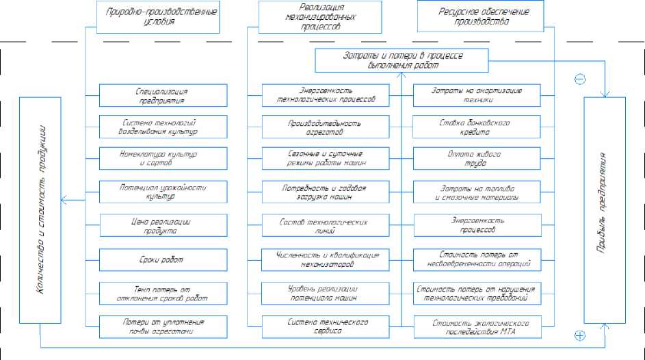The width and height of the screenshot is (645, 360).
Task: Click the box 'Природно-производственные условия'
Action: click(159, 16)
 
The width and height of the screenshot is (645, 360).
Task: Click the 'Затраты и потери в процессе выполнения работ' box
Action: click(402, 60)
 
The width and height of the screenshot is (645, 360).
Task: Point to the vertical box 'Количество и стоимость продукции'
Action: click(40, 210)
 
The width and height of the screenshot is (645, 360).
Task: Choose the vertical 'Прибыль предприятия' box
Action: click(605, 210)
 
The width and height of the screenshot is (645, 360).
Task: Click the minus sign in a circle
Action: click(580, 79)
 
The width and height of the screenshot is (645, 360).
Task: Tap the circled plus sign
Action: click(580, 335)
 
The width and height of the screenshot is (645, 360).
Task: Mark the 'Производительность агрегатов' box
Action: click(326, 128)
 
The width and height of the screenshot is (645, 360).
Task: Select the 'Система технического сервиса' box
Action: click(326, 326)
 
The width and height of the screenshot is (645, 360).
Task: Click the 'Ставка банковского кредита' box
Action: click(477, 128)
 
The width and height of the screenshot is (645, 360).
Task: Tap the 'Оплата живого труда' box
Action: click(477, 159)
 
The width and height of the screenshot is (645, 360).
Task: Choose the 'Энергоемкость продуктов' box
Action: click(477, 226)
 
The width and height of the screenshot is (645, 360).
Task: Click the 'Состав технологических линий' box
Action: click(326, 226)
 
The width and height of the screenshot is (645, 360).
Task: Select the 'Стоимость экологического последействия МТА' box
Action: click(477, 326)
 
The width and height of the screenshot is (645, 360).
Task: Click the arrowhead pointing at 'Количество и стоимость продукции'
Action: click(64, 200)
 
